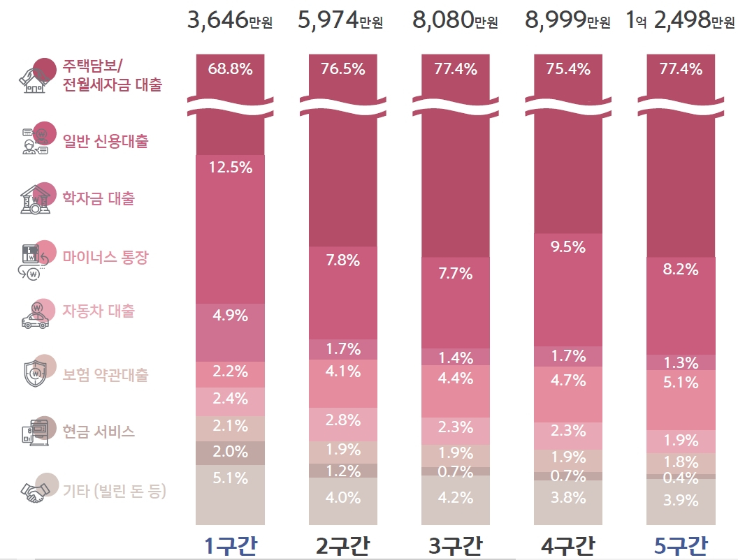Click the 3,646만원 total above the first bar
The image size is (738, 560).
[230, 20]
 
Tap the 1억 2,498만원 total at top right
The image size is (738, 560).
[679, 20]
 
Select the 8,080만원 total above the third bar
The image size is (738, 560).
[455, 20]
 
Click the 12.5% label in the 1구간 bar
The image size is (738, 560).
[231, 168]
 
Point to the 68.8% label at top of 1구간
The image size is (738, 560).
[230, 69]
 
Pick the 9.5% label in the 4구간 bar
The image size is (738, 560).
[568, 247]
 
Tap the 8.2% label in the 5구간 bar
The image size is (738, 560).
[681, 270]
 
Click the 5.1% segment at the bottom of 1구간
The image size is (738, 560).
[230, 494]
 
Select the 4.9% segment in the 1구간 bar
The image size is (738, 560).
[230, 332]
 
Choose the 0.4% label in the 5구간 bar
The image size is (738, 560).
[681, 478]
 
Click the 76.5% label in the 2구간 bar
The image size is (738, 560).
[342, 69]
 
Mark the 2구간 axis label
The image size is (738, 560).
[342, 546]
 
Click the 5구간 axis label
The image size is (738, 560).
[681, 546]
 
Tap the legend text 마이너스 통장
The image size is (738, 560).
[106, 257]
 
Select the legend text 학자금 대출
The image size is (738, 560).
[99, 198]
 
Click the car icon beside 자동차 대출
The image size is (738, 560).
[35, 316]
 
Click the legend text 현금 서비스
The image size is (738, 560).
[99, 431]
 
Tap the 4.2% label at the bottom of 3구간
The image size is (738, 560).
[455, 497]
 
